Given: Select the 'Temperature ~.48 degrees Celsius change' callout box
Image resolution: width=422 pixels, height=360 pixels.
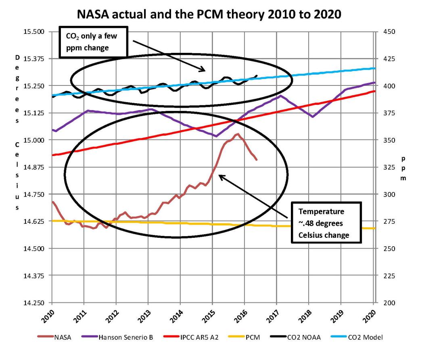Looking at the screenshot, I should coord(326,223).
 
